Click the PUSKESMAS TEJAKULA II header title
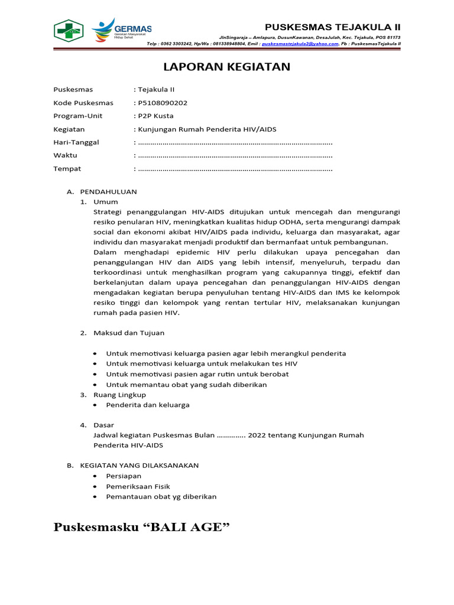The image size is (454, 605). point(332,27)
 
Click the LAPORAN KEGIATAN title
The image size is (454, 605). point(227,67)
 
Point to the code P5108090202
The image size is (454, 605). point(163,103)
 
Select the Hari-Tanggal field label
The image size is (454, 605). point(76,142)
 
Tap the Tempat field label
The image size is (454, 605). point(67,169)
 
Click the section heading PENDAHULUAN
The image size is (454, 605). point(108,191)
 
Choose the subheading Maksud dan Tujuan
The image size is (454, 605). point(129,333)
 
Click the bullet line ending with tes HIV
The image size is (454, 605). point(202,364)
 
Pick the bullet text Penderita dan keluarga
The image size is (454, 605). point(148,405)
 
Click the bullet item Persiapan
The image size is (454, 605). point(124,476)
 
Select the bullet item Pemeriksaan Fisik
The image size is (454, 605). point(138,486)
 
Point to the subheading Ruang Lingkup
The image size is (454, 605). point(119,395)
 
